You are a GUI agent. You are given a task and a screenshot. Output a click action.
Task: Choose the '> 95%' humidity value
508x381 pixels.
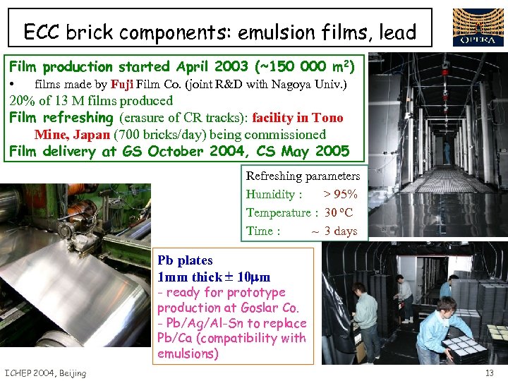coord(340,194)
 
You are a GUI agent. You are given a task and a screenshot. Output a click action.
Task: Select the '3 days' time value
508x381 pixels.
coord(341,231)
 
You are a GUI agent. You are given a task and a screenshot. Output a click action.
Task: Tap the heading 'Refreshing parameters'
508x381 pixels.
coord(303,176)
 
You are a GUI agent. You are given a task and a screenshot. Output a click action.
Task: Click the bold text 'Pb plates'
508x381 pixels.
coord(185,260)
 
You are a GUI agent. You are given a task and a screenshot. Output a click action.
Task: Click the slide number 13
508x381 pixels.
coord(490,373)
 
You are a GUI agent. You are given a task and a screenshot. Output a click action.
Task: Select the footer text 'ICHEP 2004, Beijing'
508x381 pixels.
coord(45,373)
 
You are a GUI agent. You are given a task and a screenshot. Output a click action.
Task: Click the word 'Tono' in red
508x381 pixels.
coord(327,118)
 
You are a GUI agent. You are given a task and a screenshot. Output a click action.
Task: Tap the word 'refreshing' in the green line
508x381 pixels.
coord(79,118)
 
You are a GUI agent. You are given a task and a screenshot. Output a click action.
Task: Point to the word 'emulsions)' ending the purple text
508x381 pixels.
coord(188,353)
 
